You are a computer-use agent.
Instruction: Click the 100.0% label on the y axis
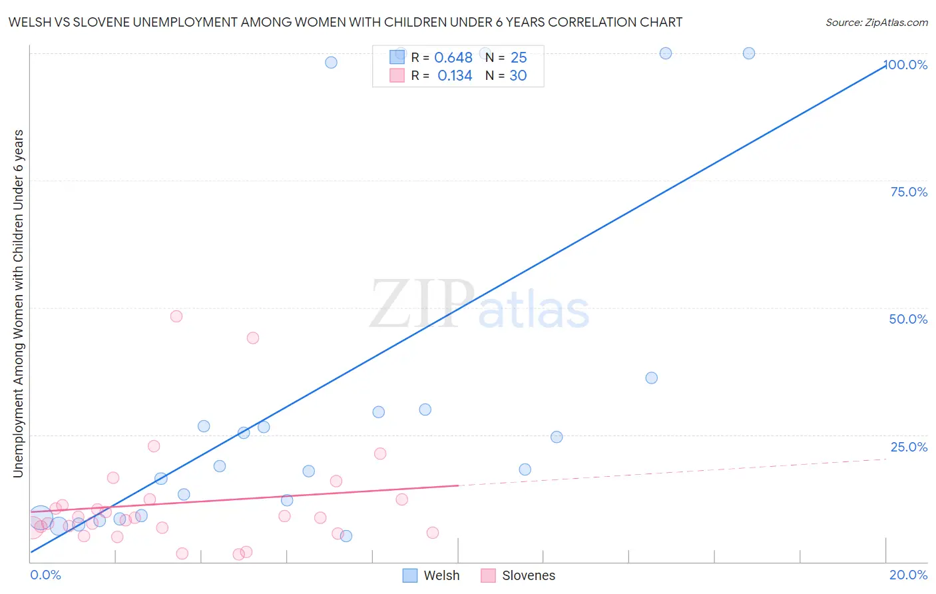905,65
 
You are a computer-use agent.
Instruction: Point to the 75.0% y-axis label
909,192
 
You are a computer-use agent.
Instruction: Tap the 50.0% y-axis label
908,319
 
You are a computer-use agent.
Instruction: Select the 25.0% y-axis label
909,447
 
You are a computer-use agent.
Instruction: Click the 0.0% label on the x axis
45,575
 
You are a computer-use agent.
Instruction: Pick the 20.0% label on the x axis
908,575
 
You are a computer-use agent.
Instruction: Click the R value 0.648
453,58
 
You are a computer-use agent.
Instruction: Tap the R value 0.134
455,76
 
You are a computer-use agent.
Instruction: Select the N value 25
519,58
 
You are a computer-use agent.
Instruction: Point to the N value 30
518,76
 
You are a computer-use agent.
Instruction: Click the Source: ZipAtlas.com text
876,23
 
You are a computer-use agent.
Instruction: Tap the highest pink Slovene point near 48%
176,316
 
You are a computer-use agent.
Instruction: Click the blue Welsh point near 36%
652,378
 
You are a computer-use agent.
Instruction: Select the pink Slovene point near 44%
253,338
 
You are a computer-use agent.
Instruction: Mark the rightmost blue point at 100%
749,53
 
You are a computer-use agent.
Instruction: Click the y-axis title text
18,304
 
